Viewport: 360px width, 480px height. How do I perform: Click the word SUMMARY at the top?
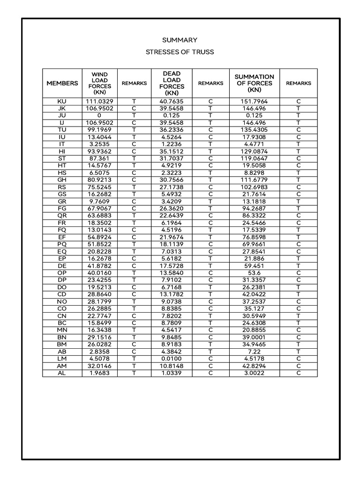click(180, 40)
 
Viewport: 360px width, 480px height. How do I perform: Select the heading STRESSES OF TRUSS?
click(180, 52)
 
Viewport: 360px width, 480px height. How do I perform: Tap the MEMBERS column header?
click(62, 83)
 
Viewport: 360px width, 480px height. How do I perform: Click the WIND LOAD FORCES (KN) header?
click(99, 83)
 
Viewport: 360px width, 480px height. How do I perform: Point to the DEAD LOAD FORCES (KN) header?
click(172, 83)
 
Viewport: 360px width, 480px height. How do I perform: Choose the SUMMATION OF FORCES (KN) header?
click(255, 83)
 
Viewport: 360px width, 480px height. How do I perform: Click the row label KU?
click(62, 101)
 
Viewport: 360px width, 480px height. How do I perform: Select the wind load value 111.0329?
click(99, 101)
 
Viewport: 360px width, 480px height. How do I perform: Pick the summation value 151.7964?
click(255, 101)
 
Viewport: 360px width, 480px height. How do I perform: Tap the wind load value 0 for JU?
click(99, 115)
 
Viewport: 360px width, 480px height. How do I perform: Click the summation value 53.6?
click(255, 272)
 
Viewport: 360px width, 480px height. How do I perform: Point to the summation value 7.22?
click(255, 351)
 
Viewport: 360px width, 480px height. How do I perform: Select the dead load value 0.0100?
click(172, 359)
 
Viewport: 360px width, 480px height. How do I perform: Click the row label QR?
click(62, 215)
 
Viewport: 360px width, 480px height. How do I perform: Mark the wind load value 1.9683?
click(99, 373)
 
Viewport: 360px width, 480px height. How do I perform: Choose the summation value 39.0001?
click(255, 337)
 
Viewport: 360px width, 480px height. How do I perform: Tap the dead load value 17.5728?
click(172, 265)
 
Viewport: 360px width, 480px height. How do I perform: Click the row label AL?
click(62, 373)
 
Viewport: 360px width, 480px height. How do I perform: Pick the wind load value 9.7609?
click(99, 201)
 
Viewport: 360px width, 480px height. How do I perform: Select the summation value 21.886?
click(255, 258)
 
